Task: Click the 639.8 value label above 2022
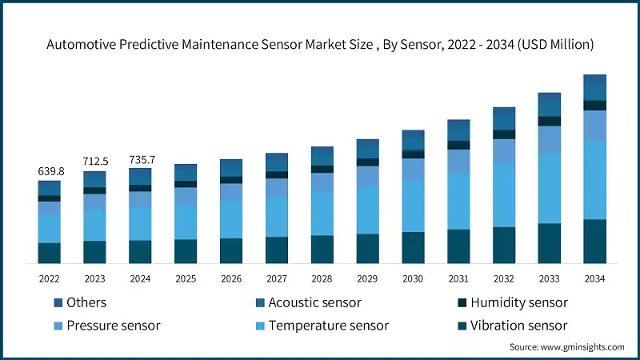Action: [50, 171]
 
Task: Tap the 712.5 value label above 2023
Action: [95, 162]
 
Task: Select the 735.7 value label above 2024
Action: [141, 160]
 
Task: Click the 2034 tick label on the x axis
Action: [594, 278]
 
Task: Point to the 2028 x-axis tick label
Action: [322, 278]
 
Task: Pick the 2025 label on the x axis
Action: [186, 278]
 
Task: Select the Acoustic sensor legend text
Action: [314, 302]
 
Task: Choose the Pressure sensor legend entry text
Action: [114, 326]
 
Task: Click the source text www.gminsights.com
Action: [566, 346]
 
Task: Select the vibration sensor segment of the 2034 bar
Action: [594, 242]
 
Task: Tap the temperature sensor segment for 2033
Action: [549, 188]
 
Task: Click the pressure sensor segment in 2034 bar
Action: [594, 126]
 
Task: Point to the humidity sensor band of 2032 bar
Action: [504, 134]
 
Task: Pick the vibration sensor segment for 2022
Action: [50, 253]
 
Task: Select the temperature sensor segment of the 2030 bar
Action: [413, 206]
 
